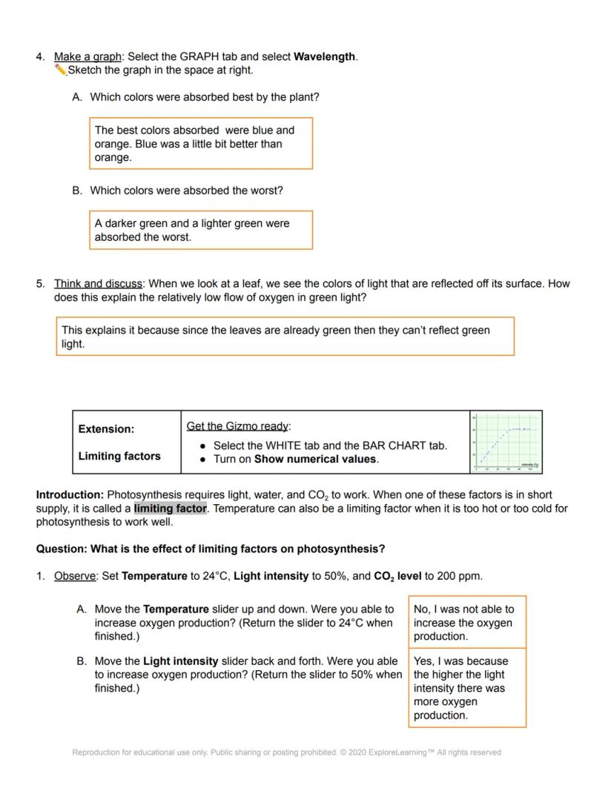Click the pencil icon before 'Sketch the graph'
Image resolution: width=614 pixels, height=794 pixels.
(60, 70)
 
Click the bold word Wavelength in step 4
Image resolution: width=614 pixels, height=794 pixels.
(325, 56)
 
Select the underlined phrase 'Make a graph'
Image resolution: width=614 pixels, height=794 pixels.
(88, 56)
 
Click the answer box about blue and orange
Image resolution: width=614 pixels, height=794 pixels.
(200, 143)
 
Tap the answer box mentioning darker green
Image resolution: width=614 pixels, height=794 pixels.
(200, 230)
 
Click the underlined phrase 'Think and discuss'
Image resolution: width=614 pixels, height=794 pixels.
(98, 283)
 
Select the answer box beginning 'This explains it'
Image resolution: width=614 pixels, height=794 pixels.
(285, 337)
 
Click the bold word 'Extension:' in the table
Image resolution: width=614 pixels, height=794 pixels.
(106, 429)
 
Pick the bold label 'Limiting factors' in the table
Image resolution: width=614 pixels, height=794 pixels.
(119, 456)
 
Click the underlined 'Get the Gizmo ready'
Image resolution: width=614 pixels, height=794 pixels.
(238, 426)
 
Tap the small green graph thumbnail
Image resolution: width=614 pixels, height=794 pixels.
(506, 442)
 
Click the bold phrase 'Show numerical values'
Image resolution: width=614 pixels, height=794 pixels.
(315, 459)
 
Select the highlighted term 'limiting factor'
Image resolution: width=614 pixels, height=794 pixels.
(171, 509)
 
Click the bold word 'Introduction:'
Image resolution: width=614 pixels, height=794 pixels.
(70, 494)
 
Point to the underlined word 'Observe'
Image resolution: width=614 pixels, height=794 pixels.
(75, 575)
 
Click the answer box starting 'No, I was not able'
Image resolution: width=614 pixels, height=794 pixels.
(466, 622)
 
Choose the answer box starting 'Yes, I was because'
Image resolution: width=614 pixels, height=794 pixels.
(466, 687)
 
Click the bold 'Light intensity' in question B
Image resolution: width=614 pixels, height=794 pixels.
(180, 661)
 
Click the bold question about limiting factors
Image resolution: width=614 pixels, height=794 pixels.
(211, 549)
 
